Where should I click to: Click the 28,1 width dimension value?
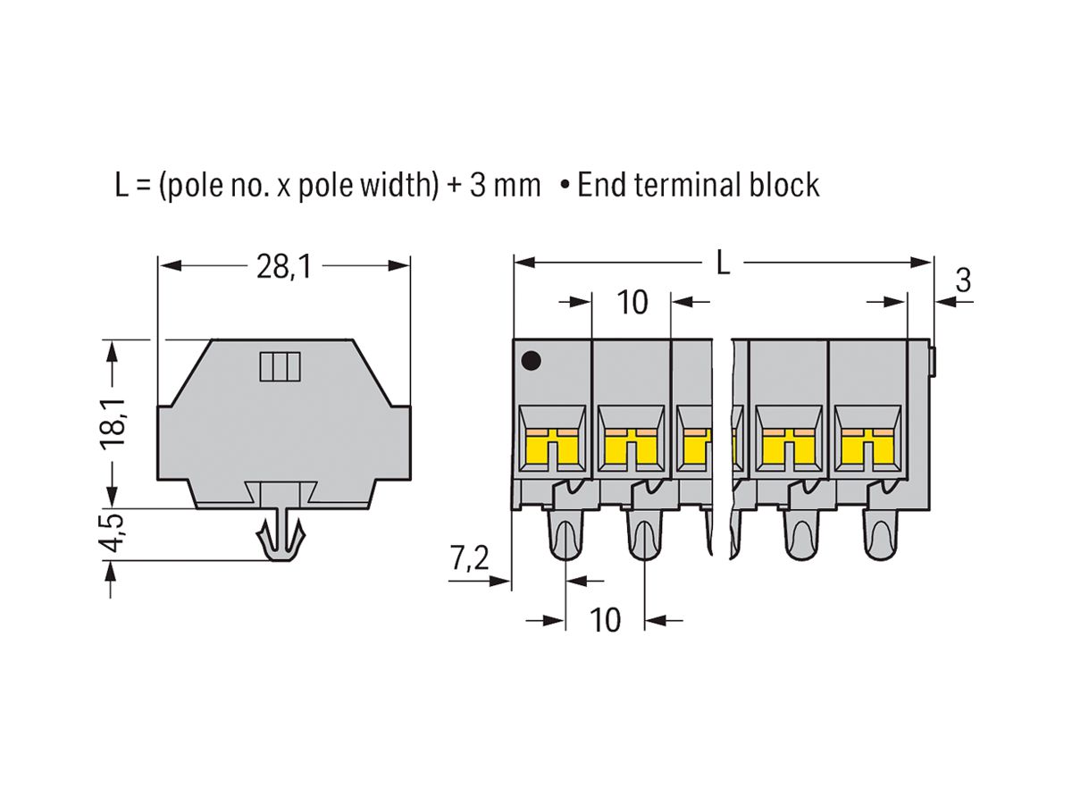click(x=283, y=265)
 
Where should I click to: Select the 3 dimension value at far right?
click(x=962, y=281)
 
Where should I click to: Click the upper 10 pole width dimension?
click(x=632, y=303)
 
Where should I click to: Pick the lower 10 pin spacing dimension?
click(x=606, y=619)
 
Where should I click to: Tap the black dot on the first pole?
click(x=531, y=361)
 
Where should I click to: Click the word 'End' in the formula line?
click(x=600, y=185)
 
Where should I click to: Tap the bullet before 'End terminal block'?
click(x=565, y=187)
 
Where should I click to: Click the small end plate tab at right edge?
click(x=931, y=361)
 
